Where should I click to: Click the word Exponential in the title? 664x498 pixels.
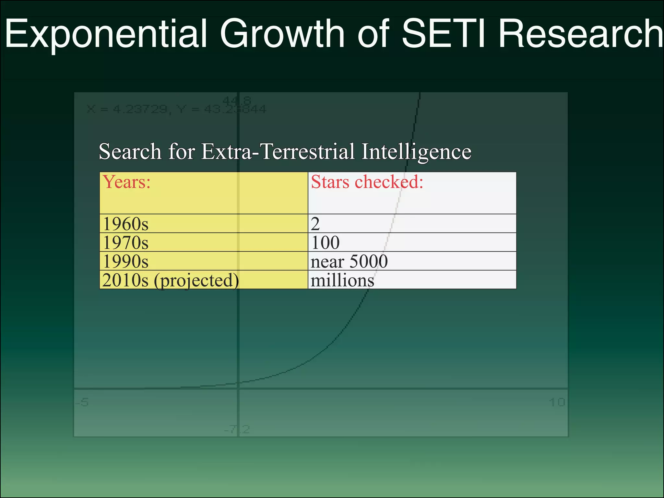[x=106, y=34]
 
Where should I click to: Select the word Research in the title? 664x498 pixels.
[x=580, y=34]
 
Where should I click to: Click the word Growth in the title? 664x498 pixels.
[x=282, y=34]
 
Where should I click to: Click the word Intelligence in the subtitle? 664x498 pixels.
[x=416, y=151]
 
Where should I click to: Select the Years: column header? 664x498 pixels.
[x=127, y=182]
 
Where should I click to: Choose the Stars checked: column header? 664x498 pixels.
[x=367, y=182]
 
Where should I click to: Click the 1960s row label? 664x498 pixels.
[x=125, y=224]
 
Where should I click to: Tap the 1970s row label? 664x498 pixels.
[x=125, y=243]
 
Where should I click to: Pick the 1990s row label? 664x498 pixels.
[x=125, y=261]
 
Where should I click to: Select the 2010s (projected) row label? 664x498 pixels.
[x=171, y=280]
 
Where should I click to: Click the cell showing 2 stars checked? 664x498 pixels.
[x=315, y=224]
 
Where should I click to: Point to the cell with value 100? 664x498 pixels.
[x=325, y=243]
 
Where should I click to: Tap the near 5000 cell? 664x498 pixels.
[x=349, y=261]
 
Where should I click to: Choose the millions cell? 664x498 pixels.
[x=342, y=280]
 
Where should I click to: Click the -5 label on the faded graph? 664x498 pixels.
[x=82, y=402]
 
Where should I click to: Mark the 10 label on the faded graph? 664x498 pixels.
[x=557, y=402]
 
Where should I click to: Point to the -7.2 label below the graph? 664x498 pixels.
[x=237, y=430]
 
